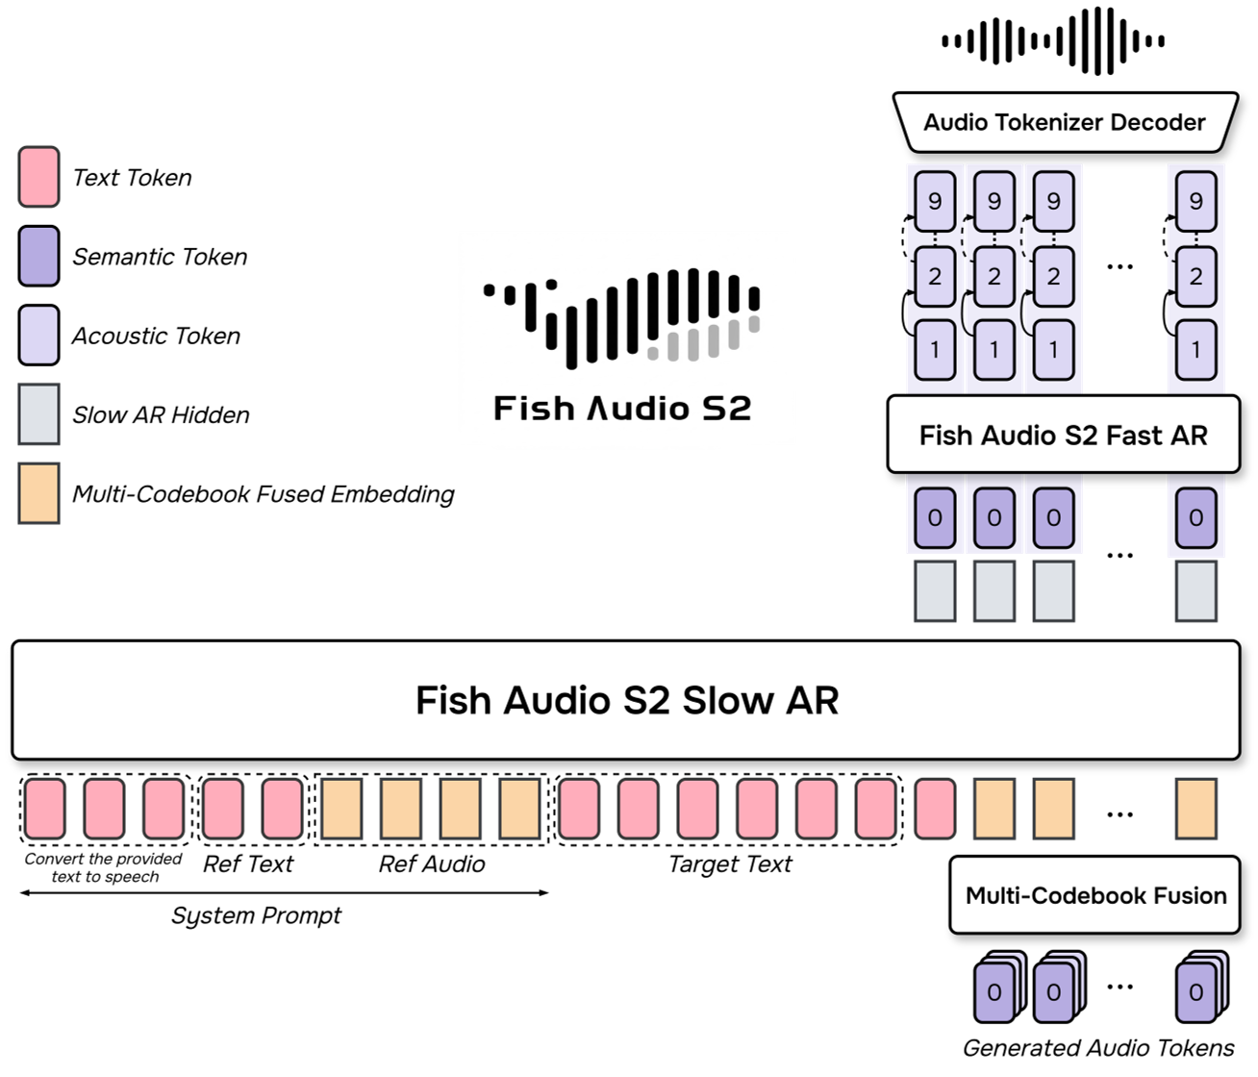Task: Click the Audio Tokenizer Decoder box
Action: (1064, 122)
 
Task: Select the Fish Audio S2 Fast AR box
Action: (1063, 436)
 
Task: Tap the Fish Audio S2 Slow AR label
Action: (626, 700)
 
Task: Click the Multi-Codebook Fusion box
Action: (1095, 895)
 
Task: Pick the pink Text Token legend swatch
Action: (39, 177)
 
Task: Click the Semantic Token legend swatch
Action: (39, 256)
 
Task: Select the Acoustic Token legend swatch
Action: (39, 336)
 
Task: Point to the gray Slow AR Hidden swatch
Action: (39, 414)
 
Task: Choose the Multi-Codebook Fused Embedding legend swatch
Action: (39, 493)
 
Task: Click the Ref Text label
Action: (248, 864)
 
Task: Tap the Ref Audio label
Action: (432, 864)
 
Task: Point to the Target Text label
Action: (730, 864)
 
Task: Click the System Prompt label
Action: (256, 915)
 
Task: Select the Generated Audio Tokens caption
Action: (1098, 1047)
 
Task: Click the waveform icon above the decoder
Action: (1053, 40)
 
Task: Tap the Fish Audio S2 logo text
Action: (622, 409)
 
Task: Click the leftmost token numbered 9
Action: (935, 201)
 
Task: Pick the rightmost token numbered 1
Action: (1195, 350)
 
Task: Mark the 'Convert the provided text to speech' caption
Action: (104, 867)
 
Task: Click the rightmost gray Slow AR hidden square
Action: (1195, 591)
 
